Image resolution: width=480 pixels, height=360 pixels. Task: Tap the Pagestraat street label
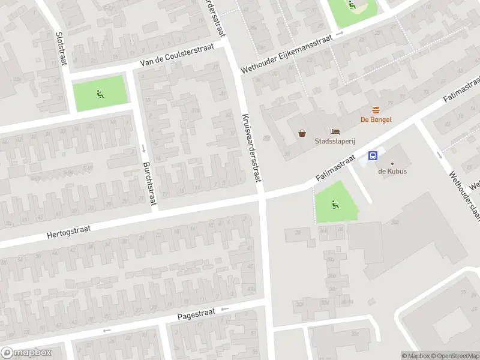196,314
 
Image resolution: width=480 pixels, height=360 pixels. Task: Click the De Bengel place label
376,119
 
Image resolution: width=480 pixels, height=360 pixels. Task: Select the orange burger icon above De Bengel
376,110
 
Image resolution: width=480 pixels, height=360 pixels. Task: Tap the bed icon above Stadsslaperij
334,131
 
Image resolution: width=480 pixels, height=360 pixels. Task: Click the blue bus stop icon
373,156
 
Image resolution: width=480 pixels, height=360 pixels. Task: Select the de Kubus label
392,172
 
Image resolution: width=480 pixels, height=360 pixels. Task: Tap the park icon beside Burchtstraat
100,94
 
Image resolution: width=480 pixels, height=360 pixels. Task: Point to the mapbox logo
26,353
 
